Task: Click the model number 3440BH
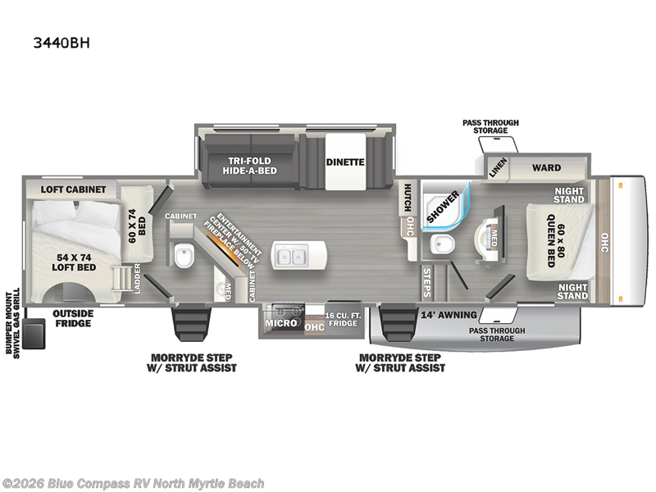(61, 43)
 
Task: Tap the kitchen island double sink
(291, 255)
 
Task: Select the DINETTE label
(345, 162)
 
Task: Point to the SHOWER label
(443, 207)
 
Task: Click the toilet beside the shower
(442, 244)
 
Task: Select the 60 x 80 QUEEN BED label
(556, 240)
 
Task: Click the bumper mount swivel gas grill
(34, 333)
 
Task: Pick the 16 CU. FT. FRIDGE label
(343, 319)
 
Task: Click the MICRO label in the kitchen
(280, 323)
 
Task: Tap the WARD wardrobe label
(546, 168)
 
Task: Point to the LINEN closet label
(498, 167)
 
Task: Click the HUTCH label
(407, 198)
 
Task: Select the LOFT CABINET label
(73, 189)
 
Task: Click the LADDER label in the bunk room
(137, 278)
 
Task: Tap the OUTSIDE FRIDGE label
(73, 318)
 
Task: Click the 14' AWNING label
(449, 315)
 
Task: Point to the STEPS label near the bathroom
(426, 283)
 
